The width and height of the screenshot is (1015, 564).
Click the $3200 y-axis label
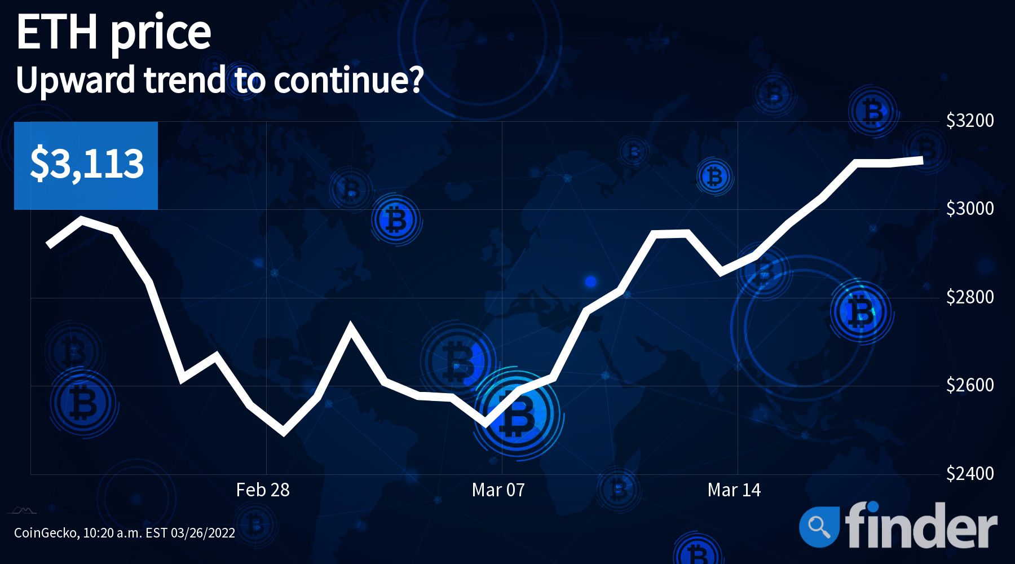click(970, 120)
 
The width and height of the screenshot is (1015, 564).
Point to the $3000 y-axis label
click(970, 209)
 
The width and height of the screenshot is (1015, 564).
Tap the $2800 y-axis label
click(970, 297)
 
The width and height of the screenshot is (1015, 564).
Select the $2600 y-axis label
click(970, 385)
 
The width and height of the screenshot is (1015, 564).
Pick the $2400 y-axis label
click(970, 473)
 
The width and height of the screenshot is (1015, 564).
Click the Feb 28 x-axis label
click(263, 490)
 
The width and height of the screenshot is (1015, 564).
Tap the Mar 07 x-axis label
click(498, 490)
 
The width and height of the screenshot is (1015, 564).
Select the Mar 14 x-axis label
click(734, 490)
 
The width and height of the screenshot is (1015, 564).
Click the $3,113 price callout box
click(86, 166)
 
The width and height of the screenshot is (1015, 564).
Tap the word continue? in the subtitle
click(348, 81)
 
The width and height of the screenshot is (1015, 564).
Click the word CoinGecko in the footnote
click(46, 533)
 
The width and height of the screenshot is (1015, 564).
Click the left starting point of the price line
click(49, 245)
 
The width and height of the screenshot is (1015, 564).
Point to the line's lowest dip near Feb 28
click(283, 433)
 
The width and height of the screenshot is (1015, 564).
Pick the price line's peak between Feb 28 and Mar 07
click(351, 325)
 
